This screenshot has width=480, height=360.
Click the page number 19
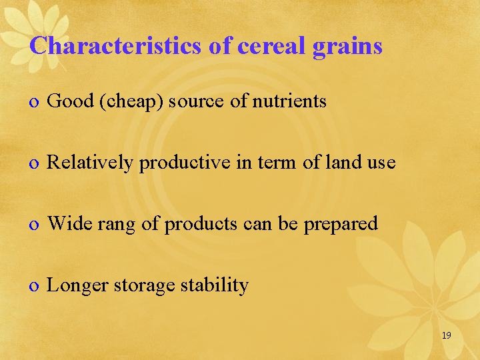pos(446,335)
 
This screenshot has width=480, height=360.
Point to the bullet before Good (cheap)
pos(34,102)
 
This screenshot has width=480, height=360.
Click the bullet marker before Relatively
pos(34,163)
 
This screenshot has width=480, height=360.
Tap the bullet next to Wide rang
pos(34,225)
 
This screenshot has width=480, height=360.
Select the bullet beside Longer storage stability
pos(34,287)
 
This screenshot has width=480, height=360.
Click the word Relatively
pos(91,163)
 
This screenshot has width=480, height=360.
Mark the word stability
pos(215,286)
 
